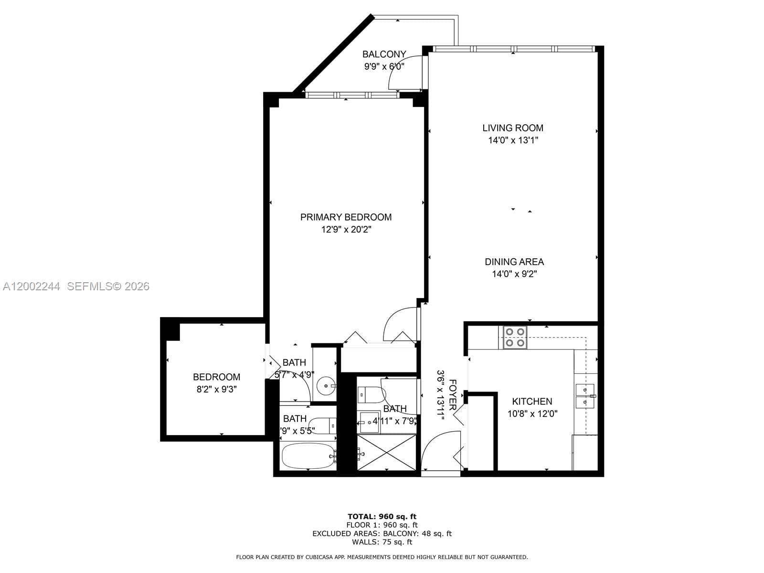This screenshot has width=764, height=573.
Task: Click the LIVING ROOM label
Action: (513, 128)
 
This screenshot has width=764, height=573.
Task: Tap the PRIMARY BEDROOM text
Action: (346, 217)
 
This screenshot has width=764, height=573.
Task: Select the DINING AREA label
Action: (514, 262)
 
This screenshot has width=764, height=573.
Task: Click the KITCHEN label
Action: (532, 402)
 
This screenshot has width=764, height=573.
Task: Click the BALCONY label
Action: (384, 54)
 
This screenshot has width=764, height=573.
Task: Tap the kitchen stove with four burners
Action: (515, 337)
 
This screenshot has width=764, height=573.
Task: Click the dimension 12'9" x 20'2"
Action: (346, 230)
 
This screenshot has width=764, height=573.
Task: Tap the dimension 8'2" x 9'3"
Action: (216, 389)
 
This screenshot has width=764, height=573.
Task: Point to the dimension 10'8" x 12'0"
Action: (532, 414)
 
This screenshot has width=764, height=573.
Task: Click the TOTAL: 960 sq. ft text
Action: (382, 516)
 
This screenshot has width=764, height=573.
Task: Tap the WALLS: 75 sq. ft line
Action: (382, 542)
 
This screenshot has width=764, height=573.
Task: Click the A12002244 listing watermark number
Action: (32, 286)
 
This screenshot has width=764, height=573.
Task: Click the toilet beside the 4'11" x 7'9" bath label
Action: (371, 394)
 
